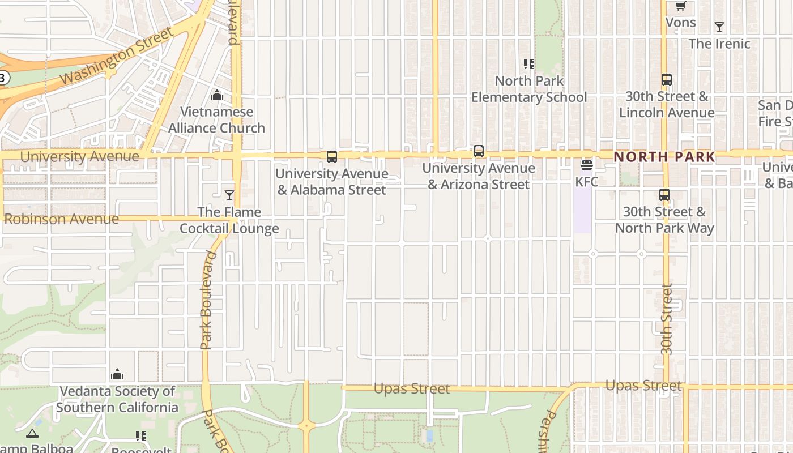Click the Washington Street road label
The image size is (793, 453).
[x=117, y=55]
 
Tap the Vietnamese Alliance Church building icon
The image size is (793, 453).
[x=216, y=95]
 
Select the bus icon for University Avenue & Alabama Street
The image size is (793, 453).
[x=332, y=157]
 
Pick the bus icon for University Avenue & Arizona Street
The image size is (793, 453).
[x=479, y=151]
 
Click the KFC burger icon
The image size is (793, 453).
[x=586, y=165]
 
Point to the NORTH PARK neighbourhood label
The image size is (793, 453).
[x=664, y=157]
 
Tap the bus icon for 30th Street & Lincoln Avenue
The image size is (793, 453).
[x=666, y=80]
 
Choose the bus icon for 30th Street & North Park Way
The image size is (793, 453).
[x=664, y=195]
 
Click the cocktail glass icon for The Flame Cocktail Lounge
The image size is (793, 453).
[x=229, y=195]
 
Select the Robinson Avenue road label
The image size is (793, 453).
[x=62, y=219]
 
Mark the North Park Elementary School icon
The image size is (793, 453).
[x=528, y=64]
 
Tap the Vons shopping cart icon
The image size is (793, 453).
[x=680, y=6]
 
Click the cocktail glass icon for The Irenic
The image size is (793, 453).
[x=719, y=27]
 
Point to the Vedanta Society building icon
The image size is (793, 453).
[x=117, y=374]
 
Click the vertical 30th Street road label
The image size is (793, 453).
[x=667, y=320]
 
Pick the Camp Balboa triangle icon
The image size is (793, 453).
[x=32, y=434]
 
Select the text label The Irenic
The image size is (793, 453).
[x=719, y=44]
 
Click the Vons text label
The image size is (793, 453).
[x=680, y=22]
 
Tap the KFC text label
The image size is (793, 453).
[x=586, y=182]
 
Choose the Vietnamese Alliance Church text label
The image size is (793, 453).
[x=216, y=119]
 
